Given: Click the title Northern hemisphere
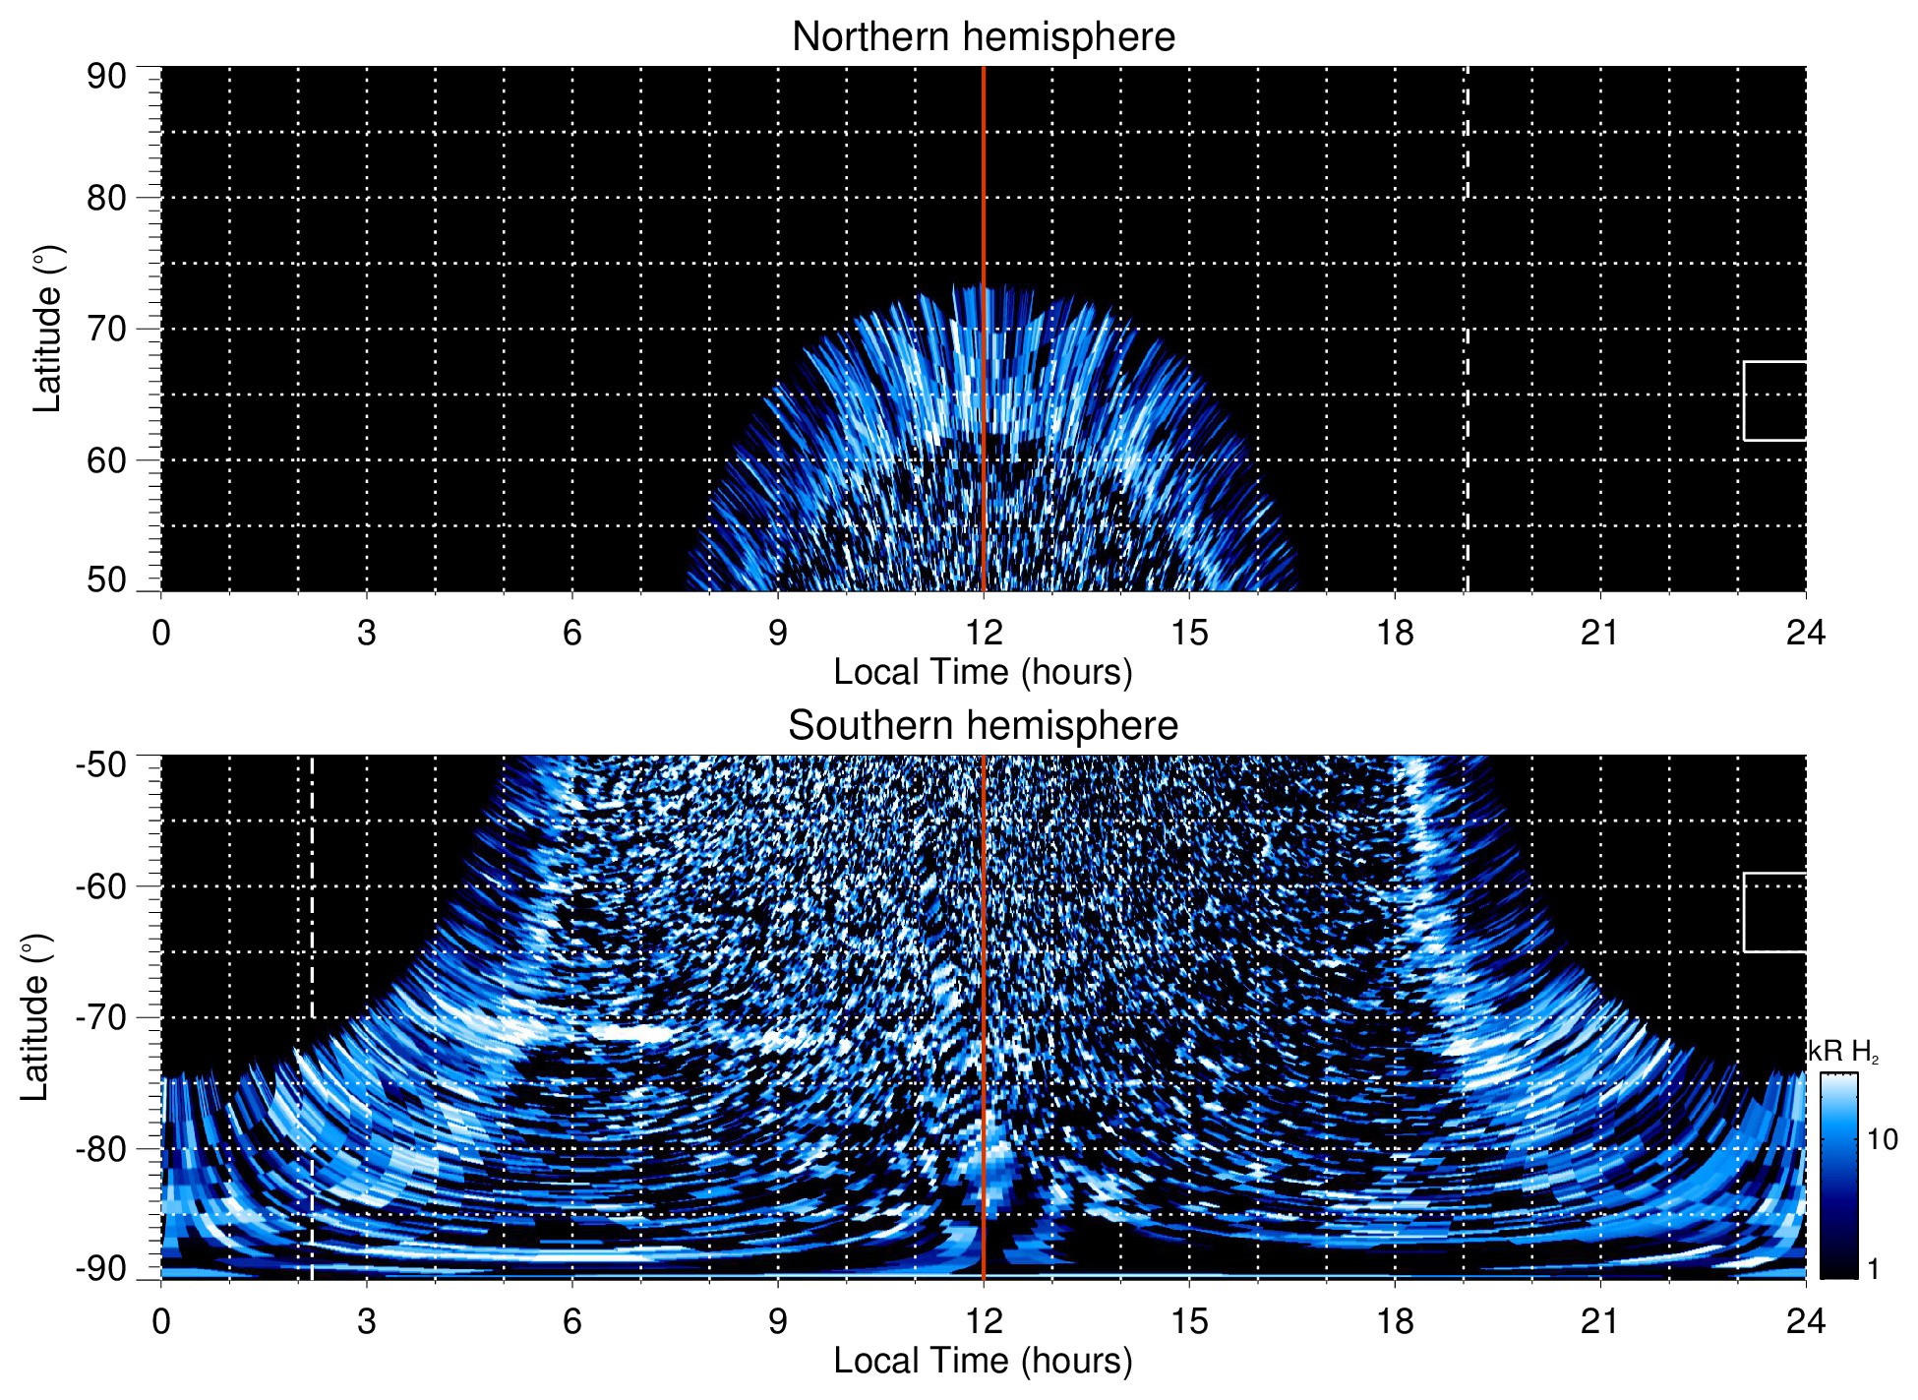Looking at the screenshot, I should tap(983, 37).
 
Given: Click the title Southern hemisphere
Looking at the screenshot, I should tap(983, 726).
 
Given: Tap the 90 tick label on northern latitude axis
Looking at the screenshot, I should tap(106, 77).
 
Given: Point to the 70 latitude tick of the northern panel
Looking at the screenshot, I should tap(106, 329).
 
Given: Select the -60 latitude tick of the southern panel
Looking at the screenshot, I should tap(101, 886).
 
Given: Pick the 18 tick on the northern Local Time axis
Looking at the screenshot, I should tap(1395, 632).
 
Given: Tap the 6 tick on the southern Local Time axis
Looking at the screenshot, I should tap(571, 1320).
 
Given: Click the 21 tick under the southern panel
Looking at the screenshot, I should tap(1600, 1320).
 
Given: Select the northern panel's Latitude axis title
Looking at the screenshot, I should tap(47, 329).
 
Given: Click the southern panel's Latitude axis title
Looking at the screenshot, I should tap(35, 1017).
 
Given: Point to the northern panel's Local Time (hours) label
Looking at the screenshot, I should tap(983, 672).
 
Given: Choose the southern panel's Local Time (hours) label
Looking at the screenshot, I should tap(983, 1361).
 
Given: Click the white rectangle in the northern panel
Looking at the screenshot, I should tap(1774, 400).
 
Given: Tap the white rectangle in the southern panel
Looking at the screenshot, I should tap(1774, 912).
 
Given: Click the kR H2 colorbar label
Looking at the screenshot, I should tap(1843, 1052).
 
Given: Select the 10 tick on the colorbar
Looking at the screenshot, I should tap(1882, 1139).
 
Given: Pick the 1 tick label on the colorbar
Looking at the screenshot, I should tap(1873, 1269).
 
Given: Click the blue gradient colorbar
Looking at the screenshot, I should tap(1837, 1176).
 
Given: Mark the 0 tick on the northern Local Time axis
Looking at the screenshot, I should tap(161, 632).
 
